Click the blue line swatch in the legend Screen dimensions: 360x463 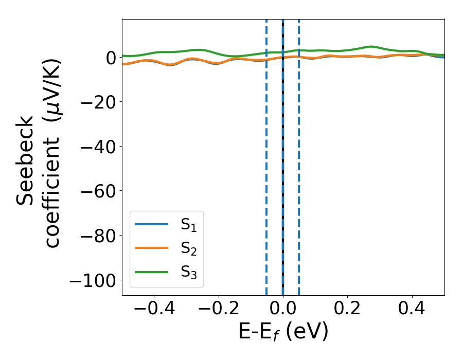coord(151,225)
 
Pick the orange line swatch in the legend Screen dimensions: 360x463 coord(151,248)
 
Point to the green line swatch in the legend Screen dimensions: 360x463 coord(151,272)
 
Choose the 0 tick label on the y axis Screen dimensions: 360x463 coord(111,57)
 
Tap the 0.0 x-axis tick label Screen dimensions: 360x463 coord(283,310)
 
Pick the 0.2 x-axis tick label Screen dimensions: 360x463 coord(347,310)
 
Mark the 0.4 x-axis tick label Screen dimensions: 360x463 coord(412,310)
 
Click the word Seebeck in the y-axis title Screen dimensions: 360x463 coord(26,160)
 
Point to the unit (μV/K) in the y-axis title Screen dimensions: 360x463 coord(51,89)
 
